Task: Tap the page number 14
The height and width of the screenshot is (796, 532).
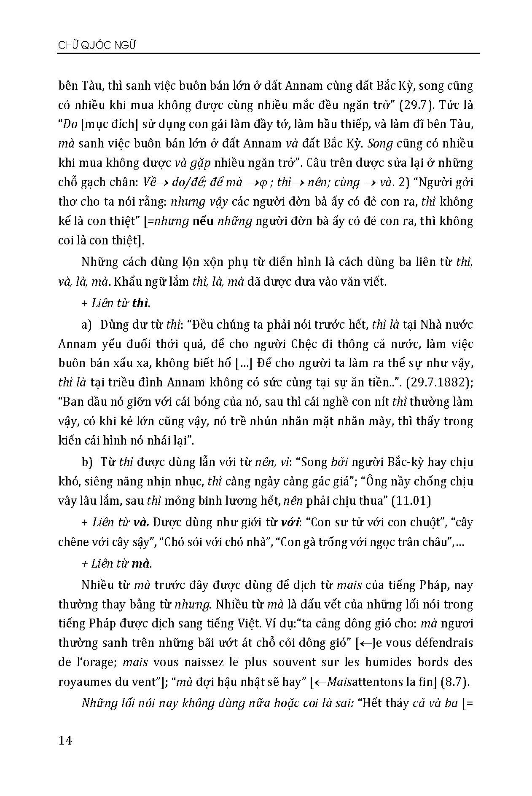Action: [65, 740]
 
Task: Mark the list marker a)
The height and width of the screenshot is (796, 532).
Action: [87, 324]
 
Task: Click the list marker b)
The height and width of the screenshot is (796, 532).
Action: [87, 462]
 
